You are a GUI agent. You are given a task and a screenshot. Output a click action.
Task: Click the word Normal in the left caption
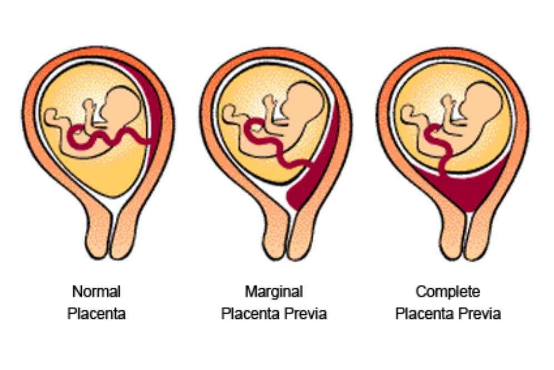pos(96,291)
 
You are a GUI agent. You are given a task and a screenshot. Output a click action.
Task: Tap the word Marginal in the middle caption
pos(274,291)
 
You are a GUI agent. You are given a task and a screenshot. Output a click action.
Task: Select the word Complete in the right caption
pos(448,291)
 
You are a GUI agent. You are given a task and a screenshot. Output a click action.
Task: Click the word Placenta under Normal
pos(96,313)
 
